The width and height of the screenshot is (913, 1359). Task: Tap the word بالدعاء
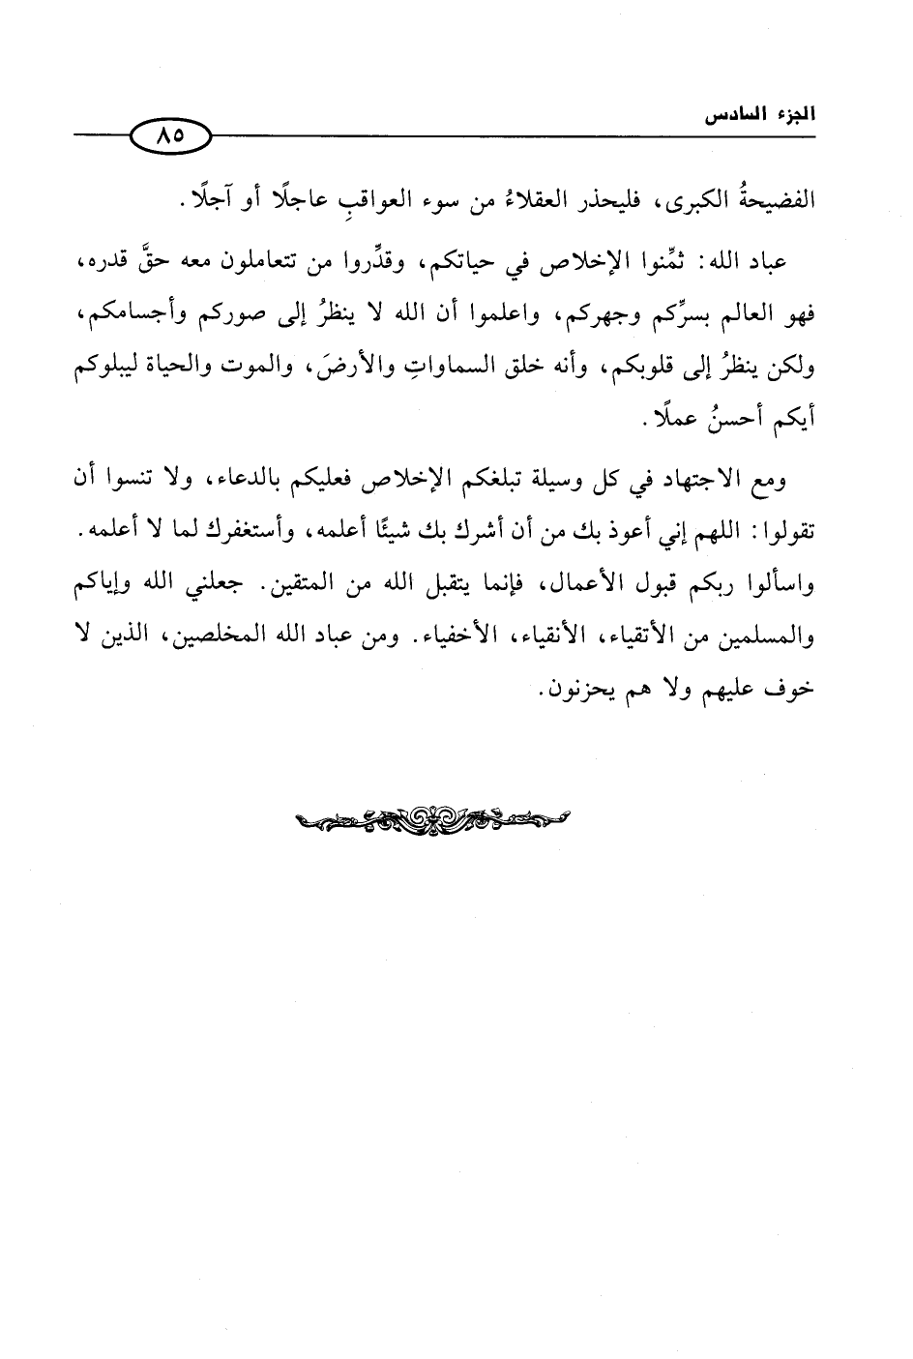250,482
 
